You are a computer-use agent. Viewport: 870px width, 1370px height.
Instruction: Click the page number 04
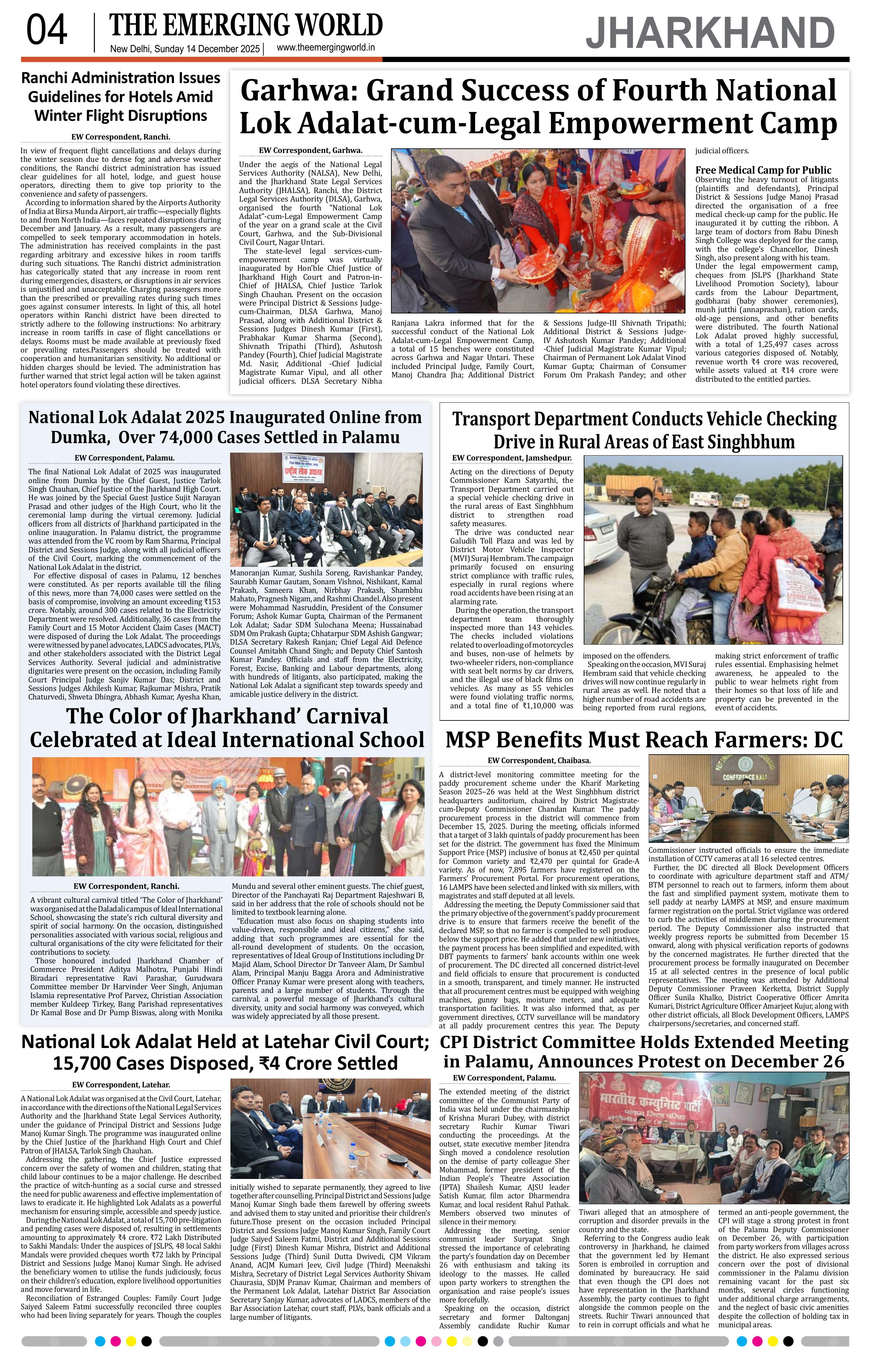(47, 31)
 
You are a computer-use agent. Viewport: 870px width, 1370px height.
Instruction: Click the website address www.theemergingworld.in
(325, 48)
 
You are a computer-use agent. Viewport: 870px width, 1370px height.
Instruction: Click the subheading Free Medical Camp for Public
(763, 170)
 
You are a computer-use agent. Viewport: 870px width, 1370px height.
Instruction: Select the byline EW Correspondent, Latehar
(120, 1085)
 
